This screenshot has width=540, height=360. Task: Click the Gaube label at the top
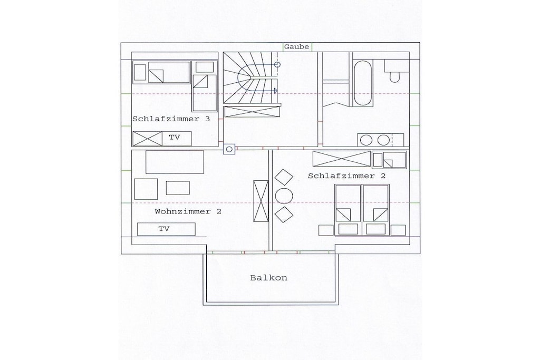coord(296,47)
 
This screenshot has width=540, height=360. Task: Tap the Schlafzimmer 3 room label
coord(171,119)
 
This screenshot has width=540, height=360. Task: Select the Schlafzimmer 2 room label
coord(347,176)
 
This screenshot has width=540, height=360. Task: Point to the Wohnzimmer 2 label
coord(188,211)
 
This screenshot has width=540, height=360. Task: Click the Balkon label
coord(268,278)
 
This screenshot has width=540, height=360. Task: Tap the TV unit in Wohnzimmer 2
coord(166,229)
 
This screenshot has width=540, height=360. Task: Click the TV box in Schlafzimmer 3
coord(177,138)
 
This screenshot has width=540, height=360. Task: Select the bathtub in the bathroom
coord(363,84)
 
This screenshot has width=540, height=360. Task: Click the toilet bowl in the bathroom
coord(394,77)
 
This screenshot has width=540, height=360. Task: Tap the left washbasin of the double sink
coord(366,140)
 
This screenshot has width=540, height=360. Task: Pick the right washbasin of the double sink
coord(383,140)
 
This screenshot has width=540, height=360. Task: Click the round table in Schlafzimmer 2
coord(284,196)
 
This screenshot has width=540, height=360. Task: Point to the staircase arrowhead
coord(275,91)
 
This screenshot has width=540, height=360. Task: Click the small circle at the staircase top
coord(277,64)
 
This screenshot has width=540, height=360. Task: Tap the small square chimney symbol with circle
coord(229,149)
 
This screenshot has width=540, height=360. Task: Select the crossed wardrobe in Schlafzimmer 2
coord(342,159)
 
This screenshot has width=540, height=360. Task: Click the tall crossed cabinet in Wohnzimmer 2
coord(261,202)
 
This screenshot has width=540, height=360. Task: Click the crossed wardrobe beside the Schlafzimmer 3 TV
coord(148,139)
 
